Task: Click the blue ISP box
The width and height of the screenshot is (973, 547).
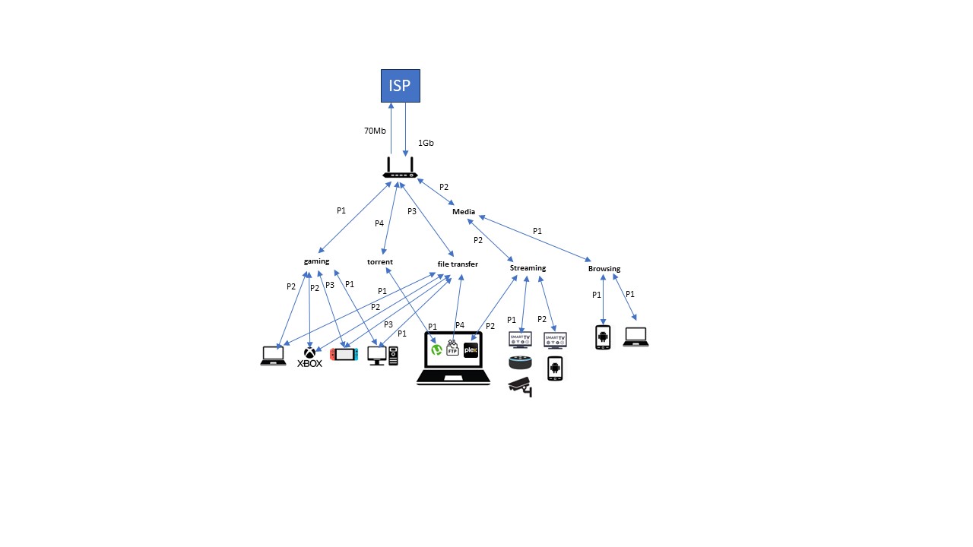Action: pyautogui.click(x=400, y=86)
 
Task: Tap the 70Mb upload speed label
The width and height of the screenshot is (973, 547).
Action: pyautogui.click(x=375, y=131)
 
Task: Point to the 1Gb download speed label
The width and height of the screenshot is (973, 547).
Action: pyautogui.click(x=426, y=142)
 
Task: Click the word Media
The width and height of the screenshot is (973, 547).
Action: pyautogui.click(x=464, y=212)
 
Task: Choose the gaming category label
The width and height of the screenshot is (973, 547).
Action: pyautogui.click(x=316, y=261)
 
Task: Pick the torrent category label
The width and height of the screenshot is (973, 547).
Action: pyautogui.click(x=380, y=262)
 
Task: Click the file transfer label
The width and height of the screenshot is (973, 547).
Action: pyautogui.click(x=458, y=264)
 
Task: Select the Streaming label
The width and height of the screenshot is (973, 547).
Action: pyautogui.click(x=528, y=268)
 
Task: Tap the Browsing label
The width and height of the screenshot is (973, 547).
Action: pyautogui.click(x=604, y=269)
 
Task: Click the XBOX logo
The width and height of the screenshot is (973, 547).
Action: pyautogui.click(x=309, y=358)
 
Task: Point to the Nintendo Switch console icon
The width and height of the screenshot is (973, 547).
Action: pyautogui.click(x=344, y=354)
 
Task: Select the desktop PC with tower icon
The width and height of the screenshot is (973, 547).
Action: pyautogui.click(x=382, y=356)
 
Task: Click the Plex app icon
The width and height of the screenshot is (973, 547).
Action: pyautogui.click(x=470, y=350)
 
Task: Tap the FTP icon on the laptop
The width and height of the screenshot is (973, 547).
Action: pyautogui.click(x=452, y=348)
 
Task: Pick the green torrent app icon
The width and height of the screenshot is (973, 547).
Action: pyautogui.click(x=437, y=350)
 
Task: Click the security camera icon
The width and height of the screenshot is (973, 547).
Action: pyautogui.click(x=520, y=386)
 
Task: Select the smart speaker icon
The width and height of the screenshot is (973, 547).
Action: pyautogui.click(x=520, y=362)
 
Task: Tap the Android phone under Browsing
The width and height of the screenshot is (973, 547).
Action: pyautogui.click(x=603, y=337)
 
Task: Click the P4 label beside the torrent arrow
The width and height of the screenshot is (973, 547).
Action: pyautogui.click(x=379, y=223)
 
